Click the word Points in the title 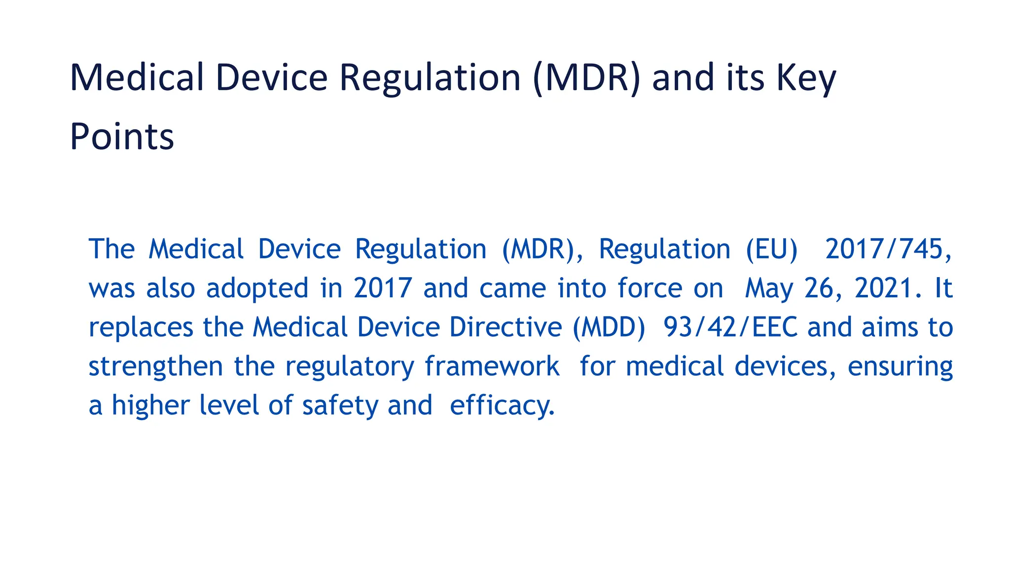pos(122,137)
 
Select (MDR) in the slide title pos(586,78)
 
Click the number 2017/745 pos(888,249)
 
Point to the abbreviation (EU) pos(771,249)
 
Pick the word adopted pos(257,288)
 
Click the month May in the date pos(769,288)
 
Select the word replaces pos(141,327)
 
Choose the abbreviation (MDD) pos(609,327)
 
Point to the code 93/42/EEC pos(730,327)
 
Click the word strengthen pos(155,366)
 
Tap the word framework pos(492,366)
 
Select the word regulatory pos(350,367)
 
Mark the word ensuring pos(900,367)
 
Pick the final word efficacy pos(502,406)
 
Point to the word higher pos(150,406)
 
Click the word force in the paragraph pos(650,288)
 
